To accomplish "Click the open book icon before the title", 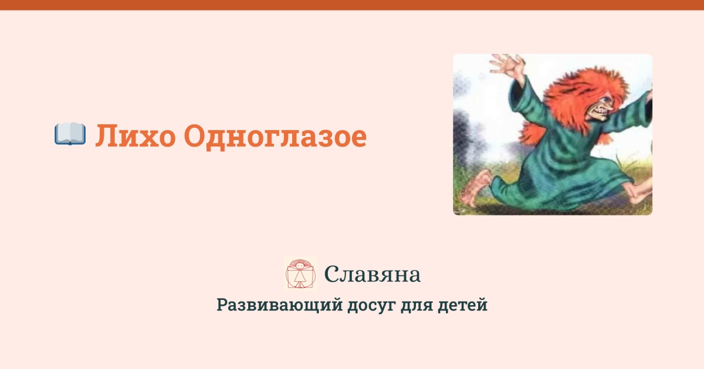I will (70, 135).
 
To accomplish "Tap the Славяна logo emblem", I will (300, 274).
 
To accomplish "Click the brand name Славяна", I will (372, 274).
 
